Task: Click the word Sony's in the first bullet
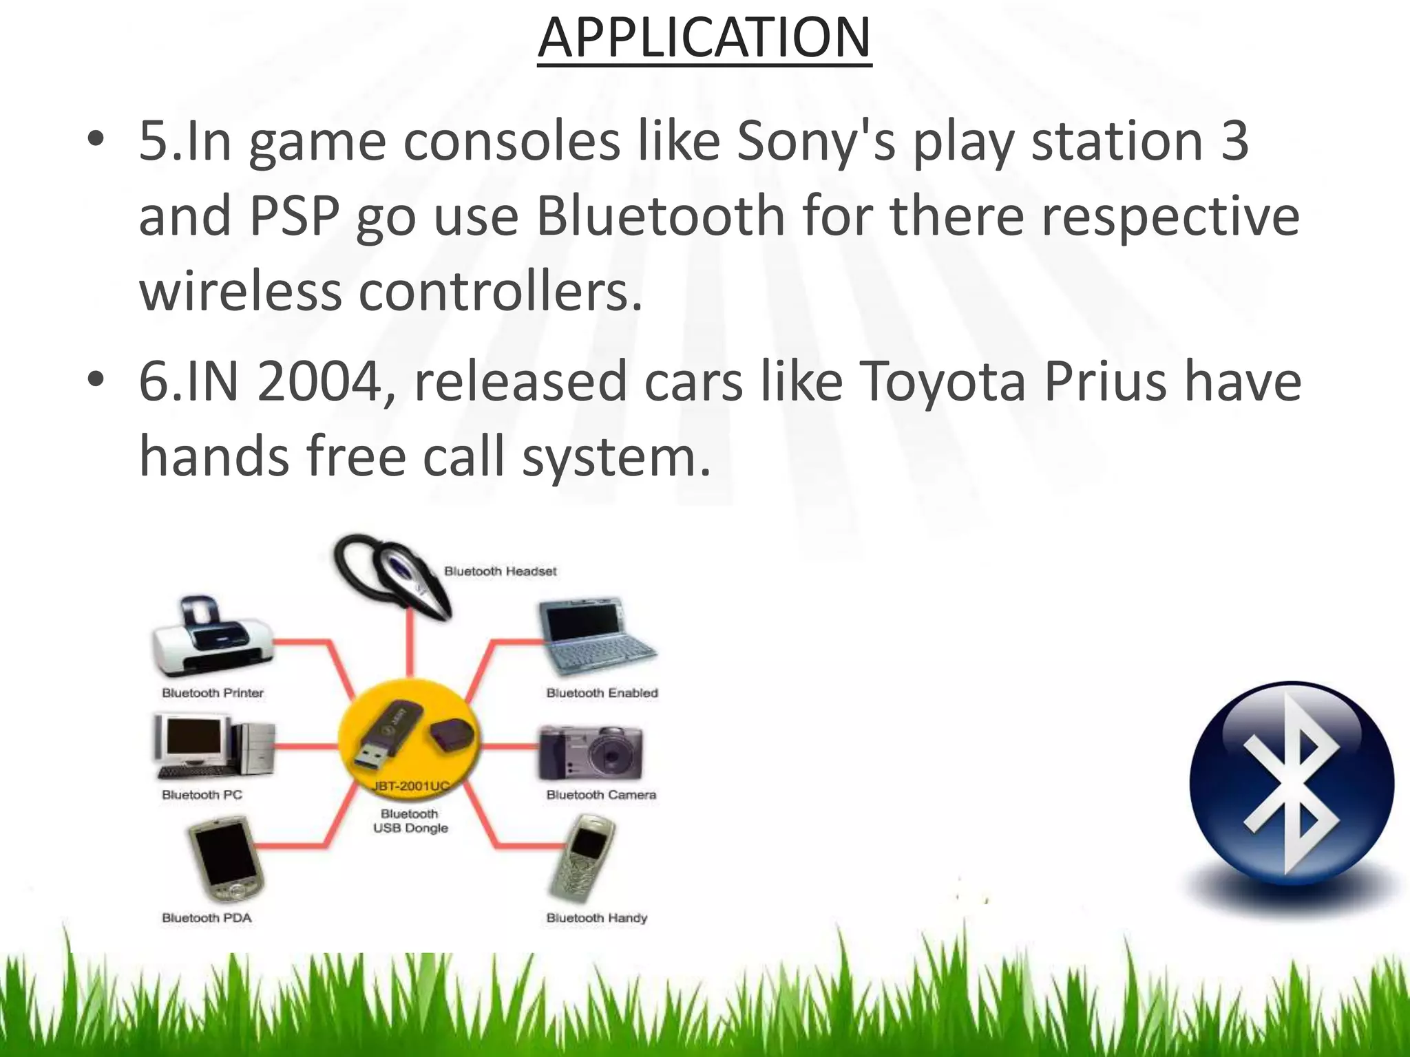click(816, 142)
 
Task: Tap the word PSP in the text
click(294, 216)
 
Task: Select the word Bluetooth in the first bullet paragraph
click(660, 216)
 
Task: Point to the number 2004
click(319, 382)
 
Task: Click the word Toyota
click(943, 382)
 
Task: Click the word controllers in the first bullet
click(501, 291)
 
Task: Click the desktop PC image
click(213, 747)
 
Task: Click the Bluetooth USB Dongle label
click(411, 821)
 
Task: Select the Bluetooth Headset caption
click(500, 571)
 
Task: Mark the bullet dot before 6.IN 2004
click(96, 378)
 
